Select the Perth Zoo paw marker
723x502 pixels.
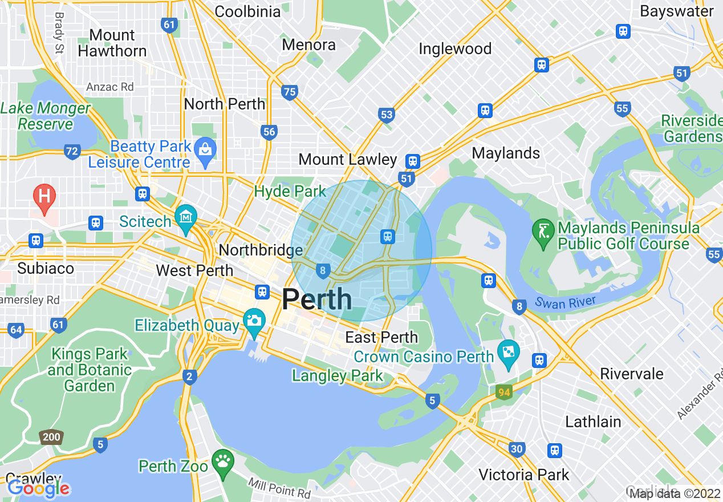pos(222,461)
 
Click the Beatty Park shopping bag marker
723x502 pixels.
pos(205,150)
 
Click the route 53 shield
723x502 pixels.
pos(387,115)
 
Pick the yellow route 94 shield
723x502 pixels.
pos(503,392)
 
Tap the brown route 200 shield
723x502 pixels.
pos(51,438)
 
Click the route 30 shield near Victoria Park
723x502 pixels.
pos(517,450)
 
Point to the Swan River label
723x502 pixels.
pos(565,302)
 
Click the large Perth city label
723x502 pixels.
pos(317,299)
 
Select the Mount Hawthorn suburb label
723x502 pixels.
pos(112,43)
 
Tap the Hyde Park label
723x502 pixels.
pos(290,192)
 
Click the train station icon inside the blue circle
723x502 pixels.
pos(388,236)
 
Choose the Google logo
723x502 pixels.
pos(39,488)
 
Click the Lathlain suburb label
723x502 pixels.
pos(593,422)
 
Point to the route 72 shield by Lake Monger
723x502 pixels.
pos(72,152)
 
